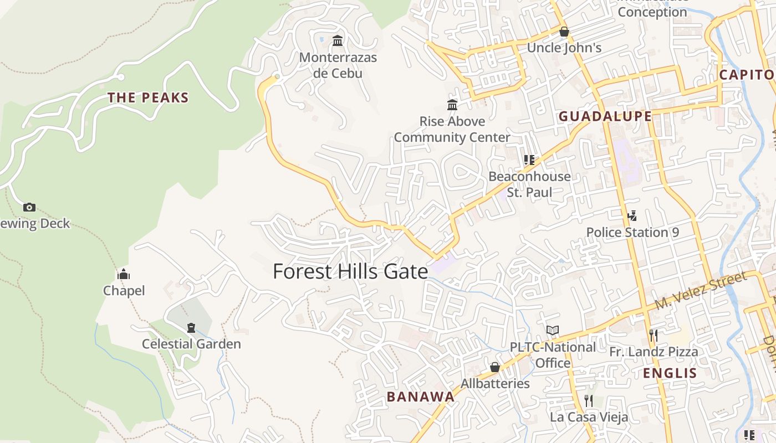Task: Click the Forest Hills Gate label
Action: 350,271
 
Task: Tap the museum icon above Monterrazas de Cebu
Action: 338,40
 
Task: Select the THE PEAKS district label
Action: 148,98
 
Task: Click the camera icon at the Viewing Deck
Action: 29,207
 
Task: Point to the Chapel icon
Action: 124,274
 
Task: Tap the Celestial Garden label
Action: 191,344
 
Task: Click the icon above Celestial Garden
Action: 191,328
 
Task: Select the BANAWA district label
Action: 421,396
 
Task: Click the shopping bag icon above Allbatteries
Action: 495,367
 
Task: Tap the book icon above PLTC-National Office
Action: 553,331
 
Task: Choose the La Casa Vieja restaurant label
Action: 589,417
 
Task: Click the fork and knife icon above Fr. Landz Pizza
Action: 654,335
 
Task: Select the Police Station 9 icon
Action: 632,215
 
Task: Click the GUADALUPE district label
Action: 605,116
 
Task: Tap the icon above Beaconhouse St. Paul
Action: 529,160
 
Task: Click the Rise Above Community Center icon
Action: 452,105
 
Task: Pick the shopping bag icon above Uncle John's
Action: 564,32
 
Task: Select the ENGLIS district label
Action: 670,373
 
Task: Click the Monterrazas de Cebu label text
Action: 338,65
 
